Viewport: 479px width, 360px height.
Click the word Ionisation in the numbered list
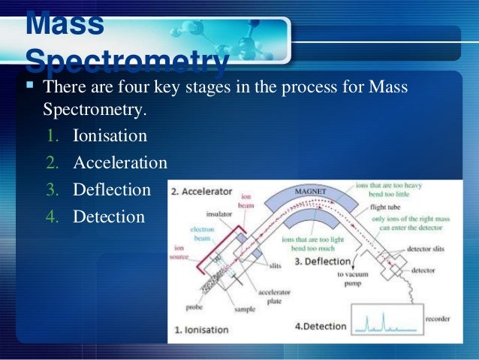110,137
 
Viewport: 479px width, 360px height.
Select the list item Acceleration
120,163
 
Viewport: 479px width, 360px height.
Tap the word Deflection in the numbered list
112,189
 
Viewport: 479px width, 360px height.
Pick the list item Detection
109,216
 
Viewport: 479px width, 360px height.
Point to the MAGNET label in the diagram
310,192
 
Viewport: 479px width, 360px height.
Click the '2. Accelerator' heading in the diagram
200,191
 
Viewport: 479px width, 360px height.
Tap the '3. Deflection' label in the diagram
323,262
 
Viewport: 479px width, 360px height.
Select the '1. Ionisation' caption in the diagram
201,329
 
